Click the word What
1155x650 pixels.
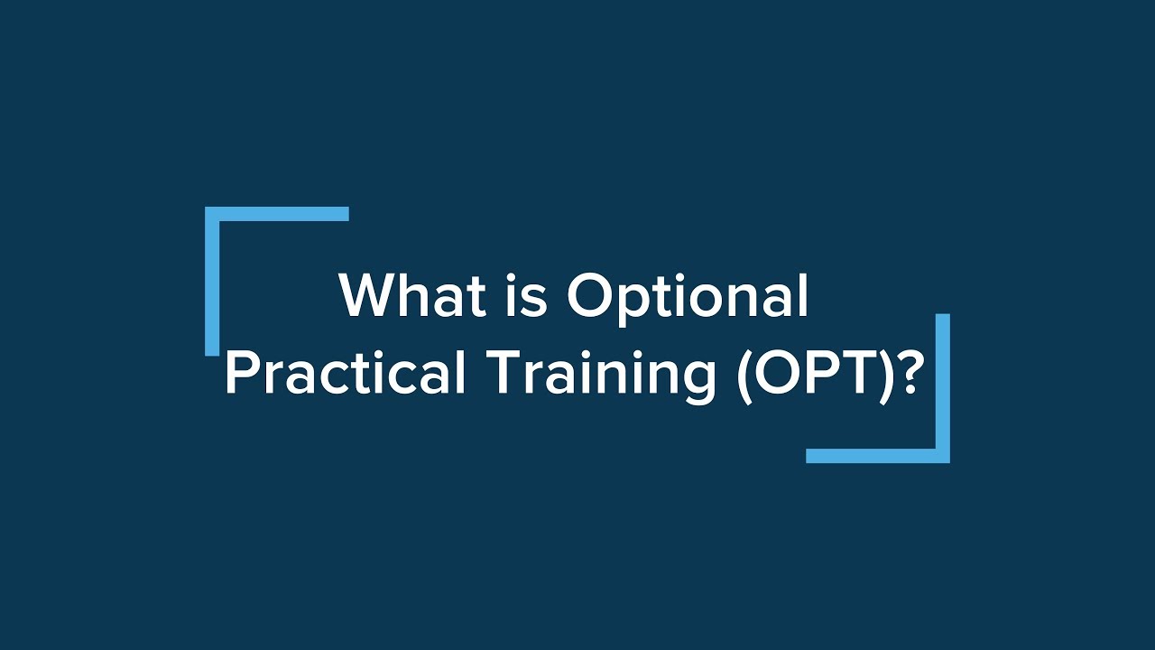[x=412, y=295]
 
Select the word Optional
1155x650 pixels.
[x=688, y=299]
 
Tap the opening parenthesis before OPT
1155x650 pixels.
[x=745, y=376]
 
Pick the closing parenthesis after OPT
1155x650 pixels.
[x=882, y=376]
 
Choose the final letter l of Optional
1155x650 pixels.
[x=804, y=295]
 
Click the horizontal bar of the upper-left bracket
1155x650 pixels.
[x=277, y=214]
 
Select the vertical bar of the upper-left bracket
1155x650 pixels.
[x=212, y=281]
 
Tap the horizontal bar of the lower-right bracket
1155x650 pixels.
[x=878, y=456]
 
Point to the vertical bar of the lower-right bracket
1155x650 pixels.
[x=943, y=388]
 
